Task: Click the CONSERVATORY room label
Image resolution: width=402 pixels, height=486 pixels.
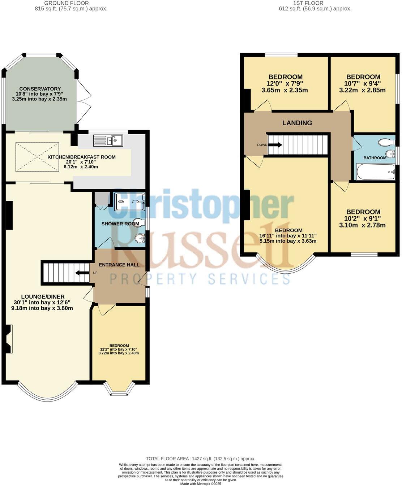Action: [x=40, y=89]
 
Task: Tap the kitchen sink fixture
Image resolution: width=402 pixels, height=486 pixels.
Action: [x=108, y=140]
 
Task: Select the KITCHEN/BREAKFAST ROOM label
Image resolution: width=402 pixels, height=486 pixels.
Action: [x=82, y=157]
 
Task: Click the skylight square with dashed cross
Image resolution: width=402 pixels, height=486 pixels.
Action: [x=37, y=157]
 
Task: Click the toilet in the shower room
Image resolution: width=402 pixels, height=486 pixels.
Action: [x=138, y=221]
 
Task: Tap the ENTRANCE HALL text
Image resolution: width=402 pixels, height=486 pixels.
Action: [x=119, y=265]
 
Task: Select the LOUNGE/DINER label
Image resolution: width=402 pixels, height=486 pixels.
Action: [x=39, y=297]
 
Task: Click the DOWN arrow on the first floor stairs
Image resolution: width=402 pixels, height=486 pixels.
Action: [x=274, y=145]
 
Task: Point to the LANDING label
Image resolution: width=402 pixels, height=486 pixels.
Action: [x=297, y=123]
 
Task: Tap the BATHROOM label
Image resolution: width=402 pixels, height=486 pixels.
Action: [x=375, y=158]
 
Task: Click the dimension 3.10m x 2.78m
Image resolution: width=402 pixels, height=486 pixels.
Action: [x=363, y=225]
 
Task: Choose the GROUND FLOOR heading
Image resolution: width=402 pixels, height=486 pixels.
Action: [x=64, y=3]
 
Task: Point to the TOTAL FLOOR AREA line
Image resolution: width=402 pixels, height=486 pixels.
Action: [x=201, y=459]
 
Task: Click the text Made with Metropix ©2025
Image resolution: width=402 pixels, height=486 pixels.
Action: [x=201, y=484]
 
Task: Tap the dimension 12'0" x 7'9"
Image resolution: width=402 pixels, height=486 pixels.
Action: [x=285, y=84]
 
